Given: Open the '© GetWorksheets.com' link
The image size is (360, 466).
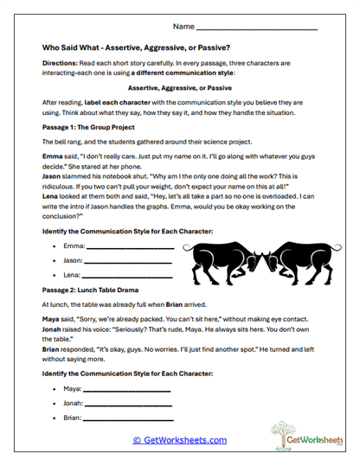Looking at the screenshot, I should [x=179, y=440].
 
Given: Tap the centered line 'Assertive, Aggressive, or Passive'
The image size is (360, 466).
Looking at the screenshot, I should [x=179, y=87].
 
